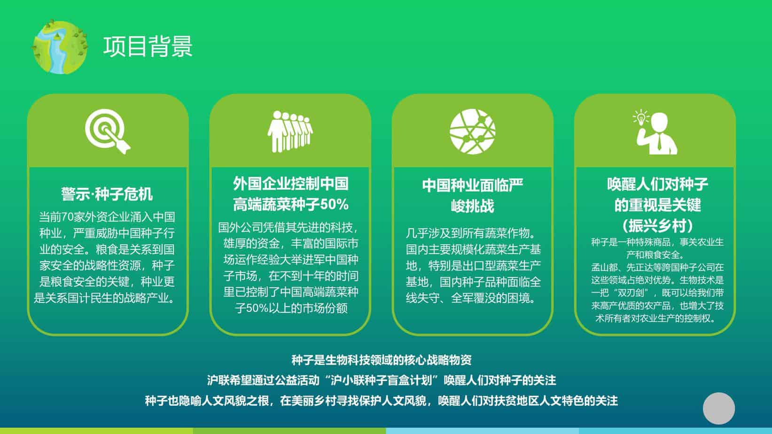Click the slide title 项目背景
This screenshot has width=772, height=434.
(x=148, y=46)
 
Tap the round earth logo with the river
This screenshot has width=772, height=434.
(x=60, y=47)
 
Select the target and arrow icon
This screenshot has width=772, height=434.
(x=108, y=132)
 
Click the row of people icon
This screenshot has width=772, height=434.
(x=290, y=132)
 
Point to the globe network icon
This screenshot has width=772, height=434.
(x=473, y=132)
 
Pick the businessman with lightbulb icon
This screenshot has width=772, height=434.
(x=655, y=132)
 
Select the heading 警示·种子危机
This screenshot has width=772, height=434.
(x=107, y=194)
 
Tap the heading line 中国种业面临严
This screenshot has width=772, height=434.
(x=473, y=186)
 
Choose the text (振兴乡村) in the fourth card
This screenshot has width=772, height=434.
(x=657, y=226)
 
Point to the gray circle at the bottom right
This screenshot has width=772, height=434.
(x=719, y=409)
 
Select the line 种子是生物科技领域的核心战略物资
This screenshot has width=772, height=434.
(x=382, y=360)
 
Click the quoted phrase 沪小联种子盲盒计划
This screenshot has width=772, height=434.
(x=382, y=380)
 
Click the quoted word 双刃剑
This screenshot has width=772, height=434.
(x=631, y=293)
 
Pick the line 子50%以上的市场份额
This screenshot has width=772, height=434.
(x=291, y=308)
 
